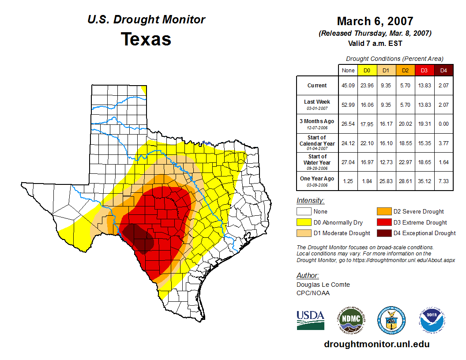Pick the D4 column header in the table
coord(443,70)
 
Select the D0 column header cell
coord(367,70)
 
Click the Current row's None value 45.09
coord(348,86)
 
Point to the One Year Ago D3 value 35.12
coord(424,179)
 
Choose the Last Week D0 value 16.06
coord(367,105)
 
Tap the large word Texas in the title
coord(146,39)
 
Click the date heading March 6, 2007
coord(375,21)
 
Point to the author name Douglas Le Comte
coord(323,285)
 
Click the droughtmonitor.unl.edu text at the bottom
coord(376,344)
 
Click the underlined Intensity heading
coord(310,201)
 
